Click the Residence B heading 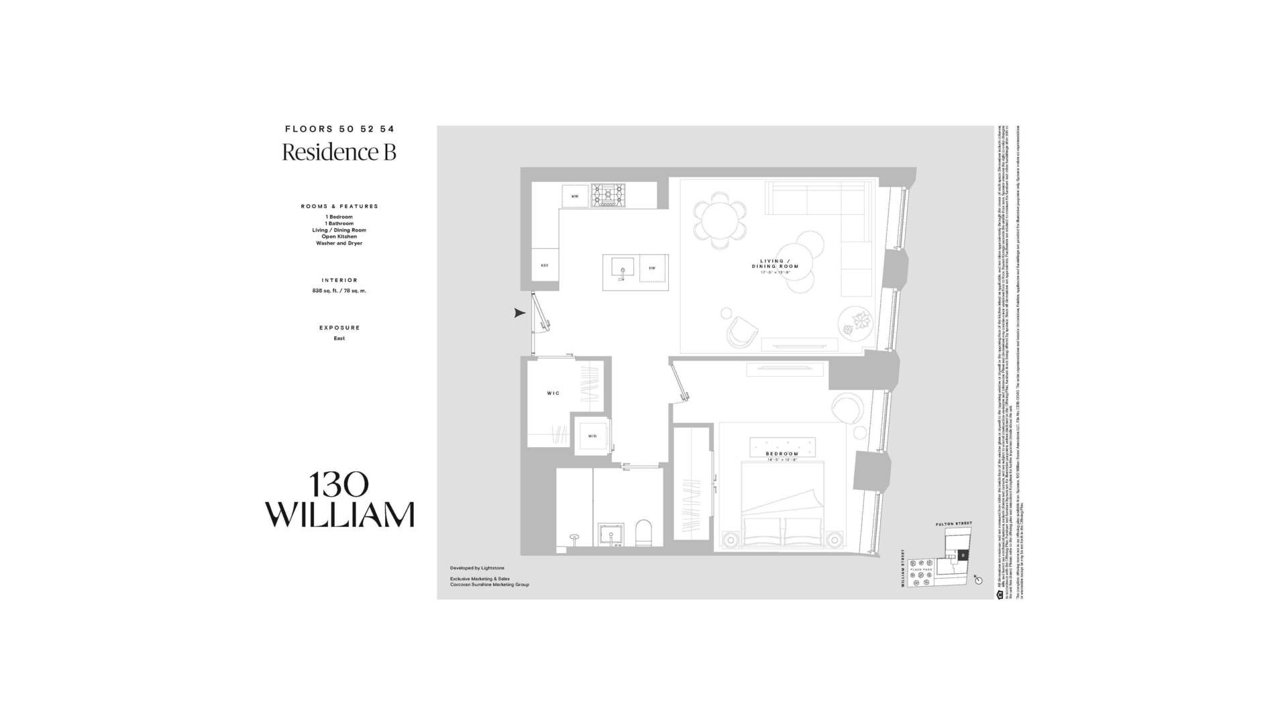click(339, 152)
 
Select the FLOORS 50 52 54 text click(339, 129)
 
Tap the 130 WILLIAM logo click(339, 500)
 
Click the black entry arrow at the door click(519, 313)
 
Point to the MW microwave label click(575, 196)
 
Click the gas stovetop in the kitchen click(608, 195)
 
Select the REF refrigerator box click(545, 266)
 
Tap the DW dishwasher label click(652, 268)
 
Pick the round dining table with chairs click(720, 217)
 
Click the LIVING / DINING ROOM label click(775, 264)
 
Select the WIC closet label click(553, 393)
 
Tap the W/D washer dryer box click(592, 436)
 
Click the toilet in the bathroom click(643, 533)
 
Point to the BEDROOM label click(782, 454)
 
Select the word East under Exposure click(339, 338)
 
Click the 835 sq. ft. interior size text click(339, 291)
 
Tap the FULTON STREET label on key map click(954, 524)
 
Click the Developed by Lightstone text click(477, 568)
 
